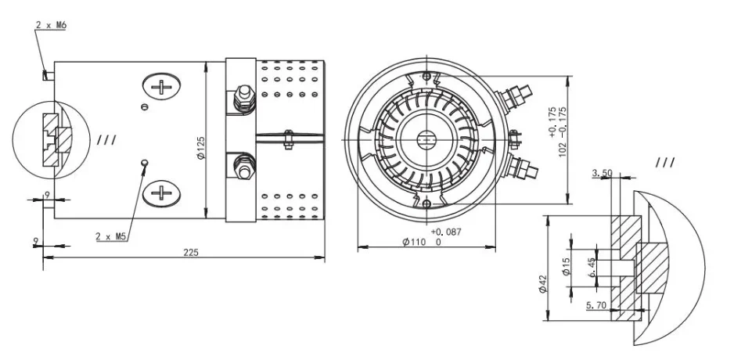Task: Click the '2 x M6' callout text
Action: coord(51,26)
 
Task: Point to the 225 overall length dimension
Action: coord(190,252)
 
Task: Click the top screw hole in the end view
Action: coord(426,76)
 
